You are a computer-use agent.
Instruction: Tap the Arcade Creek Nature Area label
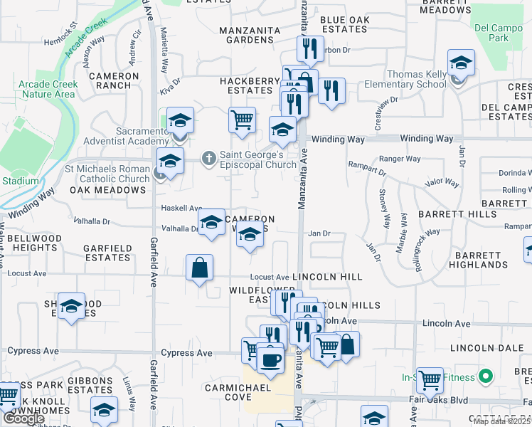pos(48,89)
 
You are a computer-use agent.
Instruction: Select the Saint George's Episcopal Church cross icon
pos(208,156)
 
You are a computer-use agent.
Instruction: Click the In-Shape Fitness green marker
pos(486,376)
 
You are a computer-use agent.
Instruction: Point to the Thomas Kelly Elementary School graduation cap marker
pos(461,64)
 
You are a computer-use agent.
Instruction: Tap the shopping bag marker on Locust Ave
pos(200,269)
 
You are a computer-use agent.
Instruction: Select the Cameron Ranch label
pos(114,80)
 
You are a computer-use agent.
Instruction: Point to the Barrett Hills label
pos(457,213)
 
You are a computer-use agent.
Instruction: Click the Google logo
pos(23,418)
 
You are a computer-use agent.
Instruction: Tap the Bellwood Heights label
pos(35,242)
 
